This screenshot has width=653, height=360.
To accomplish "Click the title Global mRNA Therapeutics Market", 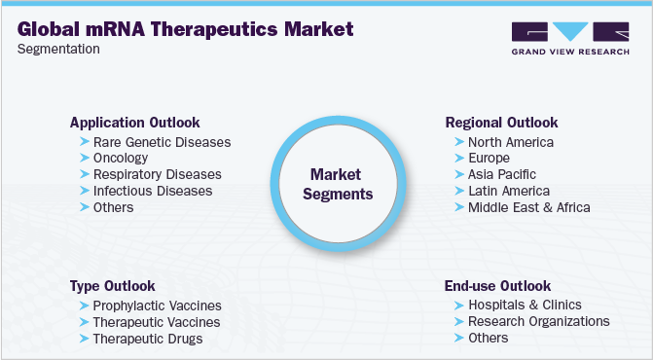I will [x=185, y=28].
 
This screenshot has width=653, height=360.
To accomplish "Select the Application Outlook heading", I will [x=134, y=123].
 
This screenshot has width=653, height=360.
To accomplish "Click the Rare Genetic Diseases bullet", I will [x=162, y=142].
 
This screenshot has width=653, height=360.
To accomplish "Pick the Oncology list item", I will [x=122, y=159].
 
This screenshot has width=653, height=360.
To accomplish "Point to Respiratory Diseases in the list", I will [x=157, y=174].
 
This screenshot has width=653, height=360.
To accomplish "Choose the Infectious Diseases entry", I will [x=153, y=191].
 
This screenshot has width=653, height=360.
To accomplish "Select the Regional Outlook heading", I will [x=501, y=123].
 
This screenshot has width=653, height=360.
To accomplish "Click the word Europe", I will [x=490, y=159].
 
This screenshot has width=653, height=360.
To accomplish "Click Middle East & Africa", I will [x=528, y=207].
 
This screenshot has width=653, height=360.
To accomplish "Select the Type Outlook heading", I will [x=112, y=286].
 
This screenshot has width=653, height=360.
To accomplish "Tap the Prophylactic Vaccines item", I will [x=157, y=306].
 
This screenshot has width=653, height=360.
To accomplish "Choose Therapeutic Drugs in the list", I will [x=148, y=339].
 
